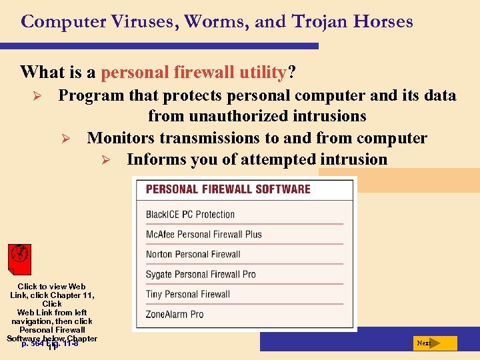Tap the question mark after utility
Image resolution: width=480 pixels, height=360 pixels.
point(292,71)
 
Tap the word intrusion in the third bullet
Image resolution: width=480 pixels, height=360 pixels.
point(355,160)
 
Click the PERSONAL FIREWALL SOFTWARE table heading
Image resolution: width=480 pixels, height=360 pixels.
point(228,189)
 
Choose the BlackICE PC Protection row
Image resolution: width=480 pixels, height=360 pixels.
point(191,215)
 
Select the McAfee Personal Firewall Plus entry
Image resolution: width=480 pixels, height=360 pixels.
point(204,235)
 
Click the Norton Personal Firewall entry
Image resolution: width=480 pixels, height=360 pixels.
point(193,254)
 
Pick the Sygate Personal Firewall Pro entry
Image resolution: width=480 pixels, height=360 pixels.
point(201,274)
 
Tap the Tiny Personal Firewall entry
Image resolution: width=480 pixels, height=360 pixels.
point(188,294)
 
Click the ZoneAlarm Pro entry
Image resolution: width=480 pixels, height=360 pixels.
point(175,314)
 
